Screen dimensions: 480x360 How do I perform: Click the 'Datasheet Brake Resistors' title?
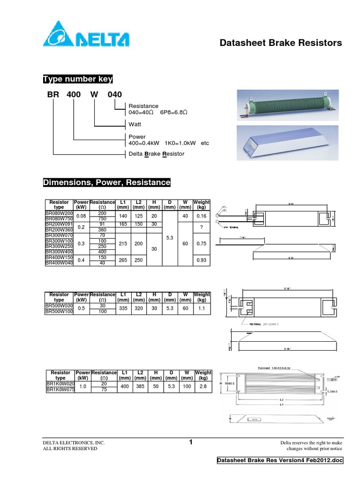[x=281, y=43]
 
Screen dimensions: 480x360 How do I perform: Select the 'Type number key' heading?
[x=77, y=79]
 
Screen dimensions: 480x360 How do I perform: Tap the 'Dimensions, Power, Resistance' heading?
[x=107, y=182]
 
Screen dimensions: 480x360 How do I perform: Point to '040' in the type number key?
[x=115, y=94]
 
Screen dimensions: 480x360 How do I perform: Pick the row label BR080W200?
[x=59, y=213]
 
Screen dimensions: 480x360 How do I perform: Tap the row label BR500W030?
[x=59, y=306]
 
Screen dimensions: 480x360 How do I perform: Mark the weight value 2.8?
[x=202, y=386]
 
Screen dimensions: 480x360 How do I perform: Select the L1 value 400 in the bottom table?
[x=125, y=386]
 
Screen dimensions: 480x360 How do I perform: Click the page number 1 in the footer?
[x=191, y=442]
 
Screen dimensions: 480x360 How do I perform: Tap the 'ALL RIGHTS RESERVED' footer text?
[x=70, y=449]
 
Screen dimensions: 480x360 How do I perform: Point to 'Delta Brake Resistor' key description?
[x=157, y=154]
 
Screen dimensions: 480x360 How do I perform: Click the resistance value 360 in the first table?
[x=102, y=230]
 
